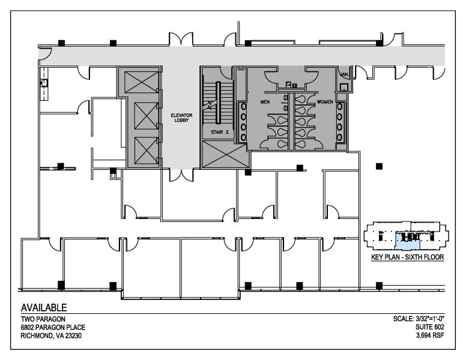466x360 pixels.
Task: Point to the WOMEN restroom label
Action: point(325,101)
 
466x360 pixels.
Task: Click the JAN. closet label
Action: point(344,74)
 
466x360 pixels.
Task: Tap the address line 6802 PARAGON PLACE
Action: point(53,327)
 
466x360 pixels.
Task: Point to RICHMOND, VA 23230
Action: point(53,335)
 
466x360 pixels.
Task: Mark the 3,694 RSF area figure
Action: point(431,335)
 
